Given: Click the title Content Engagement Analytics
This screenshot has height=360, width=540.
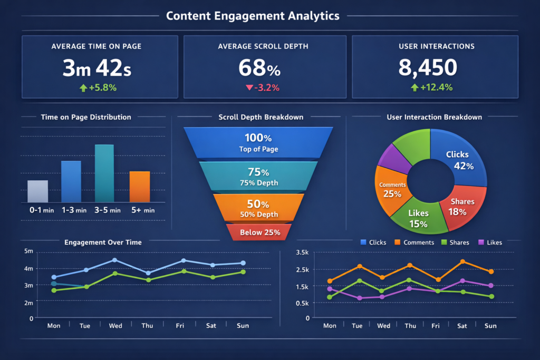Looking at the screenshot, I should tap(253, 16).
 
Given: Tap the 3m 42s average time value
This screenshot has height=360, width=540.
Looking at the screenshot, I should tap(97, 68).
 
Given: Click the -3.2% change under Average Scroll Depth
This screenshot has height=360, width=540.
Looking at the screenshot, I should tap(262, 87).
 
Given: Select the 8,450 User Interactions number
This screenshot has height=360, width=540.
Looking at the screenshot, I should tap(428, 68).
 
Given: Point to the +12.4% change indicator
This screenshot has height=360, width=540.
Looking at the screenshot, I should tap(432, 87).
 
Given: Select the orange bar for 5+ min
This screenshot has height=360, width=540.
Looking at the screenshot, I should tap(140, 187).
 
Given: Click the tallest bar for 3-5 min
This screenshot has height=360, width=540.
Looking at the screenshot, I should tap(104, 173).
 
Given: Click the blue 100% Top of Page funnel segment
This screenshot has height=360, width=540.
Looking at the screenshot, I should tap(258, 143).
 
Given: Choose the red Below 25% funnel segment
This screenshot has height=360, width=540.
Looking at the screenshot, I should tap(259, 232).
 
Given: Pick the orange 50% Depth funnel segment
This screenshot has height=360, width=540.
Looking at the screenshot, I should tap(258, 208).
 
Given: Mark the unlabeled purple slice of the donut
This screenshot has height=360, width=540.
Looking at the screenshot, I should tap(394, 158).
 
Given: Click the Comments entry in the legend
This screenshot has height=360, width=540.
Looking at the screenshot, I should tap(418, 242).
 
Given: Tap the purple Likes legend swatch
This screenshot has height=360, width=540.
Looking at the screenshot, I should tap(480, 242).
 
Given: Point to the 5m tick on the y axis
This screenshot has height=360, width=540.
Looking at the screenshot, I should tap(28, 251).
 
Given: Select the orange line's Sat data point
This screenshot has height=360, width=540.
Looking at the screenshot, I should tap(462, 261).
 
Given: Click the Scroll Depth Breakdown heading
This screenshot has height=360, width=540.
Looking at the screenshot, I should tap(261, 117).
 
